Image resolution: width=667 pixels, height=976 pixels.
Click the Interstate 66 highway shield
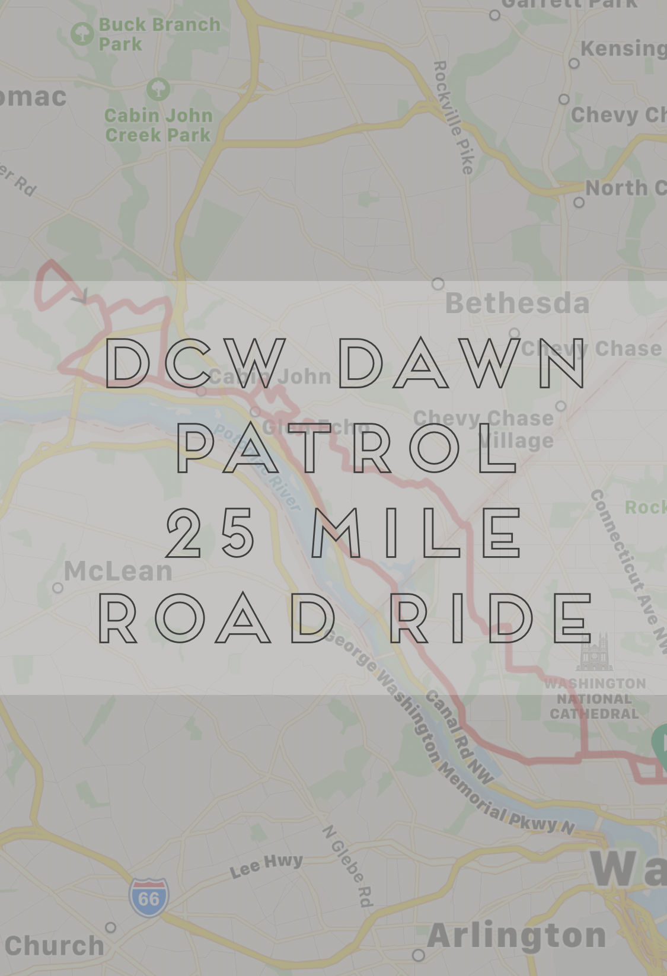click(x=148, y=898)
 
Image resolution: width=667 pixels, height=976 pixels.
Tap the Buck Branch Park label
click(x=159, y=34)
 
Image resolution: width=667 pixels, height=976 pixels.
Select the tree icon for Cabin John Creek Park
click(x=158, y=90)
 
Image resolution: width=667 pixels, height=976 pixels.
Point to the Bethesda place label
click(x=518, y=304)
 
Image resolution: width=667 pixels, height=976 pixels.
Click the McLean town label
click(x=118, y=571)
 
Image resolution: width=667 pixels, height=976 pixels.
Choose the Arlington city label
click(x=516, y=935)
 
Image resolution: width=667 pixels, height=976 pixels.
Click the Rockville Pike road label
click(x=454, y=117)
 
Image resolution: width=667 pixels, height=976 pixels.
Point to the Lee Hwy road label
click(x=266, y=865)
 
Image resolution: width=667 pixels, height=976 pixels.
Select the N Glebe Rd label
click(x=348, y=866)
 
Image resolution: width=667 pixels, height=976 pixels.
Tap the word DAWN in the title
click(x=464, y=363)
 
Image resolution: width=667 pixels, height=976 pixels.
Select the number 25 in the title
click(x=210, y=534)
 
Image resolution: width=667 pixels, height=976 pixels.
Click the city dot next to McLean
click(x=58, y=588)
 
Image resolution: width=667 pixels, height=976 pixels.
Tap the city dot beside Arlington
click(x=418, y=955)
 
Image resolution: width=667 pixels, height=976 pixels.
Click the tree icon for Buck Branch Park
click(x=82, y=33)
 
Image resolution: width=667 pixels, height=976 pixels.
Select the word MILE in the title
click(x=417, y=534)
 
